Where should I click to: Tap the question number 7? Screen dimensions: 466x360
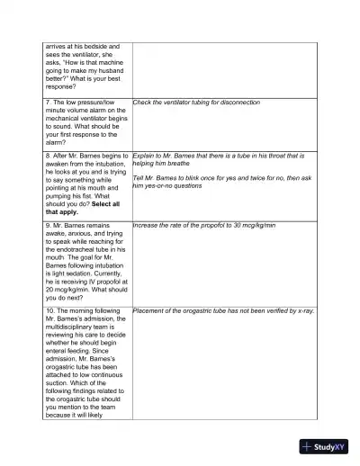[x=47, y=103]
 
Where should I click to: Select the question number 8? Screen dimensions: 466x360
[x=47, y=157]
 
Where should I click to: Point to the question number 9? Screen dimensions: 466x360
[x=47, y=224]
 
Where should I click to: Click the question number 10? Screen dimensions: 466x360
[x=49, y=310]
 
